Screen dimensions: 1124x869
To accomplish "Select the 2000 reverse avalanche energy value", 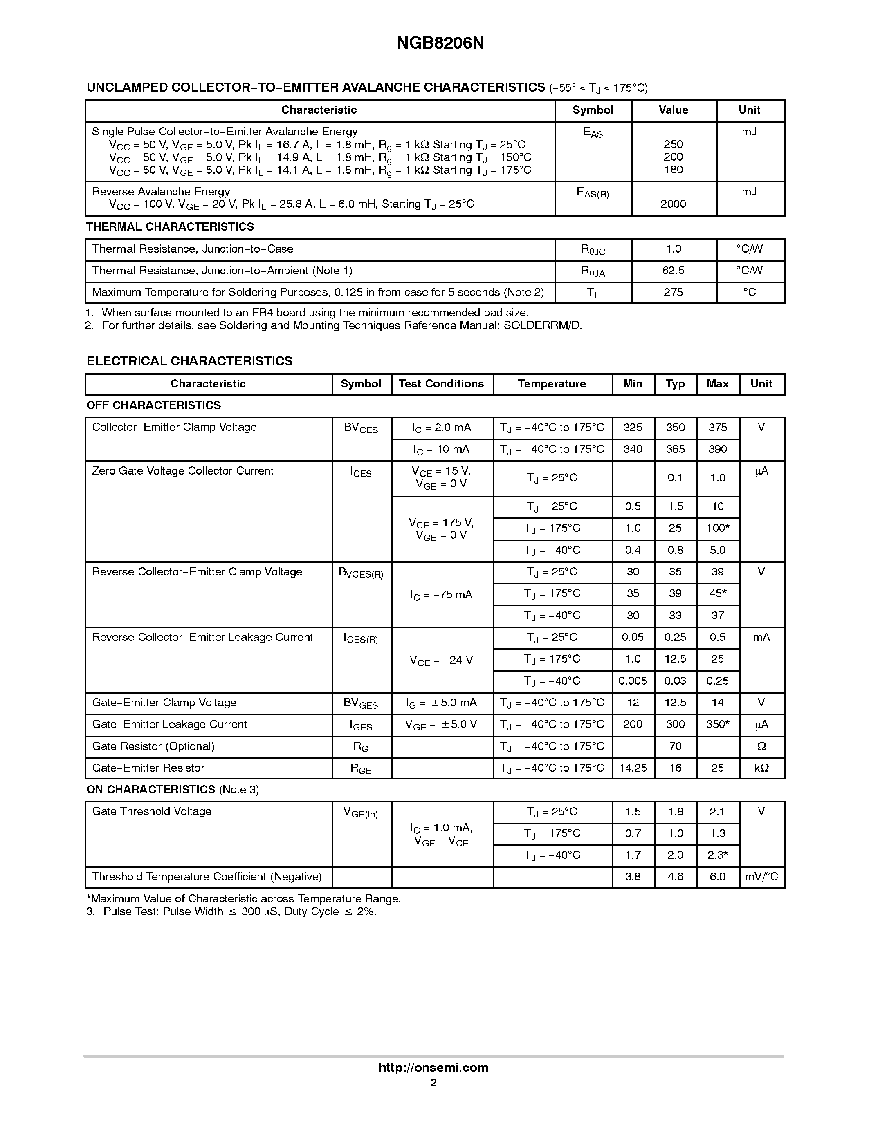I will tap(673, 204).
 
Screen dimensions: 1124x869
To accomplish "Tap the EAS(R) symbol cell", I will tap(593, 193).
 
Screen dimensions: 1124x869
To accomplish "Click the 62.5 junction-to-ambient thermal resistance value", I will tap(673, 271).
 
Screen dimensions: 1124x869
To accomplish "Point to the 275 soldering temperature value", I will tap(673, 292).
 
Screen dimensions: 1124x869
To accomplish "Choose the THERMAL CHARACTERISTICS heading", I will tap(170, 227).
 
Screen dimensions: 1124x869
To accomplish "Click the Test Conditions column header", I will tap(441, 384).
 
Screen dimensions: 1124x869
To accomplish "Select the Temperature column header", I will tap(552, 384).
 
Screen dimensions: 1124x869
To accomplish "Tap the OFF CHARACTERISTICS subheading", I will tap(153, 405).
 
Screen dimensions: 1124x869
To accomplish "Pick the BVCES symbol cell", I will tap(361, 428).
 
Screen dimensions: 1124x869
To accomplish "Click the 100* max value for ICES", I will tap(718, 528).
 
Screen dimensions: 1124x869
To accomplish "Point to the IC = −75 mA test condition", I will tap(441, 595).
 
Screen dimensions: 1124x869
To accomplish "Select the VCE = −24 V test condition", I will tap(441, 660).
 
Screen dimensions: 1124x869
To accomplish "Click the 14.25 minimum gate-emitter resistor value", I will tap(633, 768).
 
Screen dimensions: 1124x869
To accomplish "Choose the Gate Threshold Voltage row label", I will tap(151, 812).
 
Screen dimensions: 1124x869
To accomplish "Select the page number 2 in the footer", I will tap(433, 1083).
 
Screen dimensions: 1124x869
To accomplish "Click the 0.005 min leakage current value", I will tap(633, 681).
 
